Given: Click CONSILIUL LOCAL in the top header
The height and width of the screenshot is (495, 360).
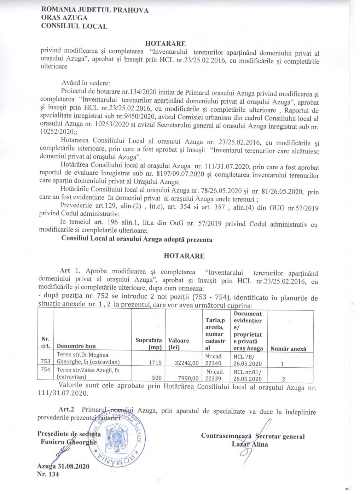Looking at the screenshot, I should [x=74, y=26].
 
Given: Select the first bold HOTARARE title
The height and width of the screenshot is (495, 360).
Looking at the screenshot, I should [x=165, y=44].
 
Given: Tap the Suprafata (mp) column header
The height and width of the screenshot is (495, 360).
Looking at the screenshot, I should [x=149, y=344].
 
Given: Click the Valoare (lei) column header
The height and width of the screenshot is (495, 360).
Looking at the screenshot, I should [x=179, y=344].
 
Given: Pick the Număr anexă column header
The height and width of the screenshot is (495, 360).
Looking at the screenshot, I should [x=288, y=349].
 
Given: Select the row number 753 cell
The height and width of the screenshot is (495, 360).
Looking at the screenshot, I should [x=46, y=361].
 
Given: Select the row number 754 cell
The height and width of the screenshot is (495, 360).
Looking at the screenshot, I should [x=46, y=370].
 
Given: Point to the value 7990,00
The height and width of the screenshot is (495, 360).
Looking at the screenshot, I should [x=189, y=378].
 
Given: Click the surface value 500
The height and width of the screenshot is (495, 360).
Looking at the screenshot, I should [x=157, y=378].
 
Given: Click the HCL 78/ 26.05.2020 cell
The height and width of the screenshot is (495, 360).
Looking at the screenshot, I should [x=248, y=360].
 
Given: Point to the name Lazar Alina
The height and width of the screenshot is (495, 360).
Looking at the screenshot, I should [x=250, y=444].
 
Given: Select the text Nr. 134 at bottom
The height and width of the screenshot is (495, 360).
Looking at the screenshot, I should [x=48, y=474].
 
